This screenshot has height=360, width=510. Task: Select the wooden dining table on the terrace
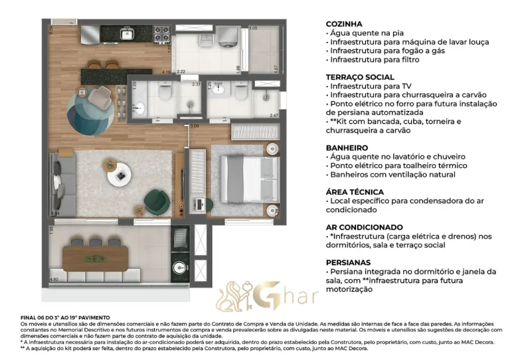point(97,256)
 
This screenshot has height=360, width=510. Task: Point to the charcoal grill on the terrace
point(180,238)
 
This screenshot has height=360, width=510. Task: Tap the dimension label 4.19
point(167,71)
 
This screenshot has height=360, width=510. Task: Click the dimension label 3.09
point(195,126)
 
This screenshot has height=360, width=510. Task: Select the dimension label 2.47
point(274,116)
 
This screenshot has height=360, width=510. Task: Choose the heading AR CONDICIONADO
point(364,227)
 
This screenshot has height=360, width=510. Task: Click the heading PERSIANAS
point(348,262)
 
